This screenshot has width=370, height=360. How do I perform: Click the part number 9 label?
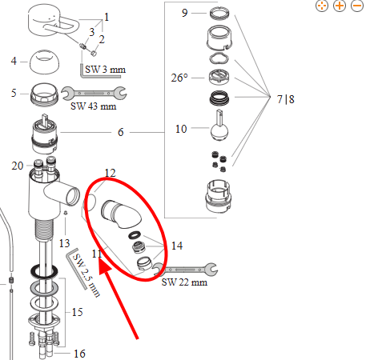(x=185, y=13)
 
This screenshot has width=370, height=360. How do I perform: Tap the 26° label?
(x=179, y=78)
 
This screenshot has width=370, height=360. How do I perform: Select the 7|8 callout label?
(x=286, y=99)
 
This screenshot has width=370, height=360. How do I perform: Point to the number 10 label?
(x=181, y=129)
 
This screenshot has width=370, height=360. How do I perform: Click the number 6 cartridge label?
(x=121, y=132)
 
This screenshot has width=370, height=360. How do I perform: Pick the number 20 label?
(x=18, y=166)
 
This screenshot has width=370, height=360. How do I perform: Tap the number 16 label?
(x=79, y=354)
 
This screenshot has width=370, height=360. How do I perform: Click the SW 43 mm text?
(x=94, y=106)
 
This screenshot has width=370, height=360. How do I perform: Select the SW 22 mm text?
(x=184, y=282)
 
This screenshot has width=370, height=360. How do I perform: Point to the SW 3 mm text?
(x=106, y=70)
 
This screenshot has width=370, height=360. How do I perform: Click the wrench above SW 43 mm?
(x=94, y=94)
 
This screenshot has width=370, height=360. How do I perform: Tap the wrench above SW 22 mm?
(x=186, y=269)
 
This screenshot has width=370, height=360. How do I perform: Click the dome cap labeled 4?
(x=44, y=62)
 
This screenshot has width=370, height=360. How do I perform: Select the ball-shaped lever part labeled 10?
(x=219, y=126)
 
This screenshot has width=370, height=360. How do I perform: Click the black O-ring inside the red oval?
(x=135, y=235)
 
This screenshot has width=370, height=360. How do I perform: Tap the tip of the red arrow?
(x=100, y=259)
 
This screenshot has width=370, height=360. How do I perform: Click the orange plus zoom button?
(x=340, y=6)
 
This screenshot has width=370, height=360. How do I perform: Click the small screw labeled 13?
(x=66, y=213)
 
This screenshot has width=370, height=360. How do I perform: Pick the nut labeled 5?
(x=44, y=94)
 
